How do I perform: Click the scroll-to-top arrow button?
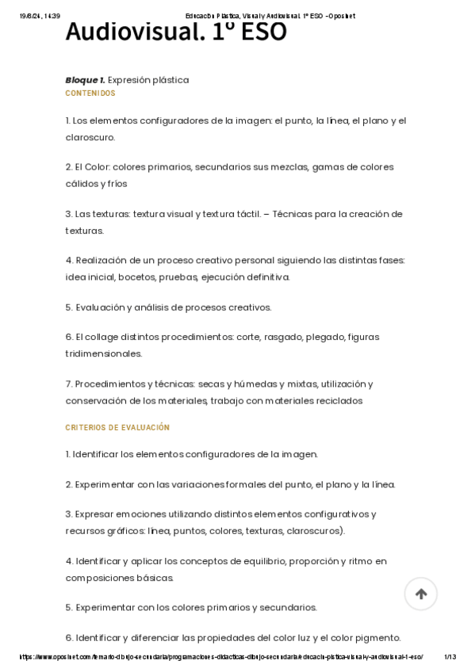420,594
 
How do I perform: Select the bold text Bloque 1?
85,80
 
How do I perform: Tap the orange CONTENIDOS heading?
90,94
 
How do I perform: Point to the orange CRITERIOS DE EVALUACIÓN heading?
117,428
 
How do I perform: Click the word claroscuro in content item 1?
90,137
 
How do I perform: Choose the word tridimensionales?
104,353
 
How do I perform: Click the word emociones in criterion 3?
128,514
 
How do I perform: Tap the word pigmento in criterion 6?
380,638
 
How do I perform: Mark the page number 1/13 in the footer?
450,657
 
